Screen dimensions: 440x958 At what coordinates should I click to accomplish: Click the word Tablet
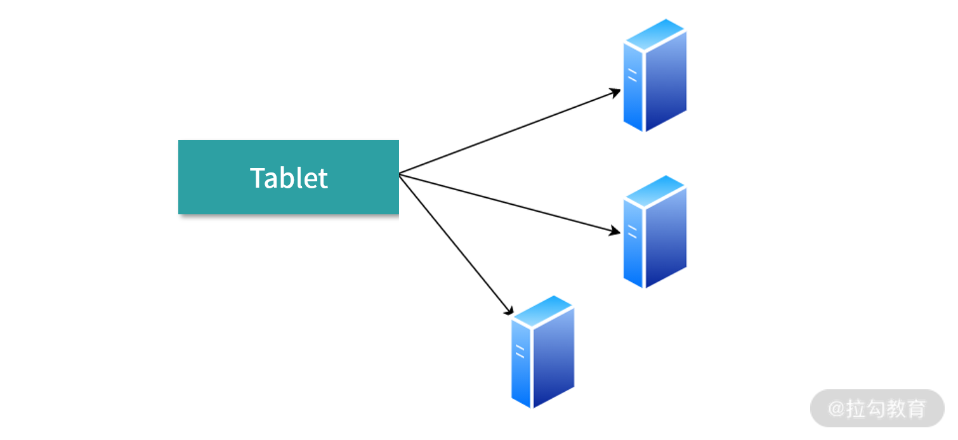pos(289,178)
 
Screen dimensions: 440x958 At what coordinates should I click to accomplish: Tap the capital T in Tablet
pos(257,178)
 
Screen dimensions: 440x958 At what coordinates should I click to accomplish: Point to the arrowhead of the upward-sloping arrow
pos(616,91)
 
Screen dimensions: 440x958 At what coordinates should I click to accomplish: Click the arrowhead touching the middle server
pos(615,232)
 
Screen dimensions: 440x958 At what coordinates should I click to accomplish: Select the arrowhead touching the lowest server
pos(508,310)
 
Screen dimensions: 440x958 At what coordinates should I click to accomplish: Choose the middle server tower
pos(655,231)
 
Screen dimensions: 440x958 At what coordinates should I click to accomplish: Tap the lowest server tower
pos(542,351)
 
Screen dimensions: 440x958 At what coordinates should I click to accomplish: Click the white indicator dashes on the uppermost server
pos(632,75)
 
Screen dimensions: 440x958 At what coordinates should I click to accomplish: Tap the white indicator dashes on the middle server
pos(632,231)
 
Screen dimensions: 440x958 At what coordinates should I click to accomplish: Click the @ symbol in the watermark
pos(837,409)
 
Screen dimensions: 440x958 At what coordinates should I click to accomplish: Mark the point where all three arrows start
pos(400,174)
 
